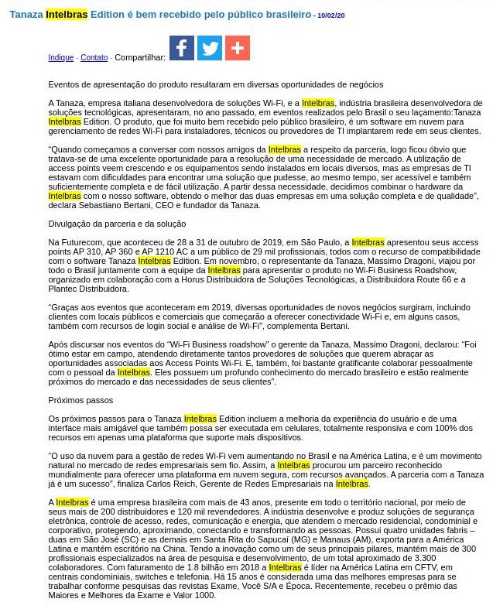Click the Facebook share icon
[182, 48]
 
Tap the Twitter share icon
[210, 48]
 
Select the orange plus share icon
[238, 48]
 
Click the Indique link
[61, 58]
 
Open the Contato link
[94, 58]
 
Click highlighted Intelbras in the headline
[67, 15]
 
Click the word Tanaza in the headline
[26, 15]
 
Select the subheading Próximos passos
[80, 400]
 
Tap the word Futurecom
[81, 243]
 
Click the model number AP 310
[81, 252]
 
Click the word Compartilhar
[140, 58]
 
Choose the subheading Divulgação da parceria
[117, 224]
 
